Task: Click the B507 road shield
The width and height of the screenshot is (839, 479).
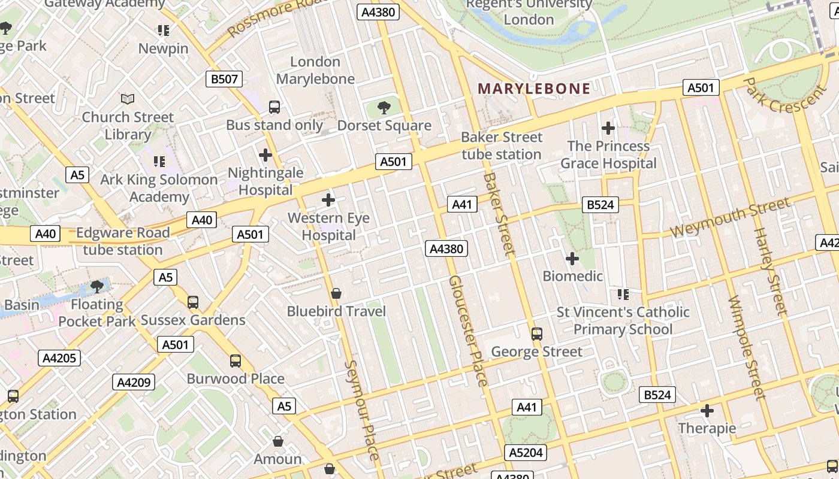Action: (x=225, y=78)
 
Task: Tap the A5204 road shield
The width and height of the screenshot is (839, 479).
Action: (x=526, y=453)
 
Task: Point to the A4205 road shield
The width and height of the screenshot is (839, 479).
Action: (x=59, y=358)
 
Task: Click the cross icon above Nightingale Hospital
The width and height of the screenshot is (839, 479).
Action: (x=265, y=155)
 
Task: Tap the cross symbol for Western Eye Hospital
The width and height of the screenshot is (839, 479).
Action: (x=328, y=200)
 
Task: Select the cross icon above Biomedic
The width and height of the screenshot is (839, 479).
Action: (x=572, y=259)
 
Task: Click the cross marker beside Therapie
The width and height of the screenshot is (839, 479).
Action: (x=707, y=411)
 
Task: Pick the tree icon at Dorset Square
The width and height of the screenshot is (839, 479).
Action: (x=384, y=108)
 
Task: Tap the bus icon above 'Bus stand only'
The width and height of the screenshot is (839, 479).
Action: (x=274, y=107)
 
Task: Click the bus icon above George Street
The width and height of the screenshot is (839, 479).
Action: (x=537, y=334)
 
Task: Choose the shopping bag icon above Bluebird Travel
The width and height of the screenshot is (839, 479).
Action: (x=336, y=293)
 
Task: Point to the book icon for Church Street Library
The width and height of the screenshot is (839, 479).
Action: (x=128, y=99)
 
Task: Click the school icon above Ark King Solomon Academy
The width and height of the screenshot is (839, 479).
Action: (x=159, y=161)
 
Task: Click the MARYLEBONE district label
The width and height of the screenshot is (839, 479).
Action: (x=534, y=89)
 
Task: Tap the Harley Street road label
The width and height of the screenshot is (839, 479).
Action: (x=769, y=271)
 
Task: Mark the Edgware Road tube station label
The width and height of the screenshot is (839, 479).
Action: (x=123, y=241)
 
